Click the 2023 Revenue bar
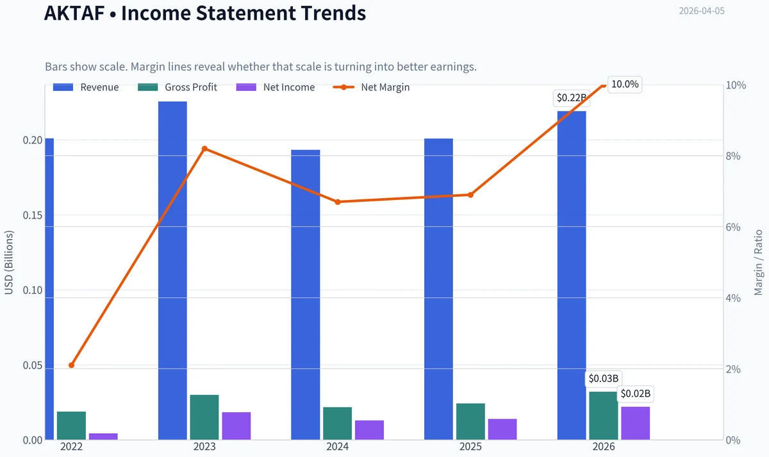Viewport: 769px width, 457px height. pyautogui.click(x=172, y=270)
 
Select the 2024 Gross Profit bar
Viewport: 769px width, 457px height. pyautogui.click(x=338, y=424)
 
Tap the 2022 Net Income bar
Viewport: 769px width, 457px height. pyautogui.click(x=103, y=436)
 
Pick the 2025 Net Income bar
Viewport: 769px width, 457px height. pyautogui.click(x=502, y=429)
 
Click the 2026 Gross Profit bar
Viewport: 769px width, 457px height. pyautogui.click(x=604, y=416)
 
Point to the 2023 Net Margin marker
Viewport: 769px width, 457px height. pyautogui.click(x=204, y=149)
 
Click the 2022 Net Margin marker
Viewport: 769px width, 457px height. pyautogui.click(x=71, y=365)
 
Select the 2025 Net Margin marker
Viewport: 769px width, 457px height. pyautogui.click(x=470, y=195)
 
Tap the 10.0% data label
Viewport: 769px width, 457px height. pyautogui.click(x=625, y=84)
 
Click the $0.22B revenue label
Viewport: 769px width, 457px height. pyautogui.click(x=571, y=98)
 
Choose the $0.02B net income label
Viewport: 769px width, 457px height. pyautogui.click(x=636, y=394)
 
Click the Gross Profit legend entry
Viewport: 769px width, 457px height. pyautogui.click(x=178, y=87)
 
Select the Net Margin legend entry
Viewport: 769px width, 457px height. pyautogui.click(x=372, y=87)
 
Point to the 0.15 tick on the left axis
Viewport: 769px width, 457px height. pyautogui.click(x=33, y=215)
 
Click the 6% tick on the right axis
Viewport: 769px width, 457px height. pyautogui.click(x=733, y=227)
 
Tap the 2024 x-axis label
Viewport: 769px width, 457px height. pyautogui.click(x=338, y=447)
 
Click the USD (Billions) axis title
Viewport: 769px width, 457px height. pyautogui.click(x=8, y=262)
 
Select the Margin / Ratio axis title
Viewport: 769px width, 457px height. pyautogui.click(x=758, y=263)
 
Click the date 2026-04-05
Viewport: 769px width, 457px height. pyautogui.click(x=702, y=11)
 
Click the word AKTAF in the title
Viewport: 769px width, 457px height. pyautogui.click(x=74, y=13)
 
